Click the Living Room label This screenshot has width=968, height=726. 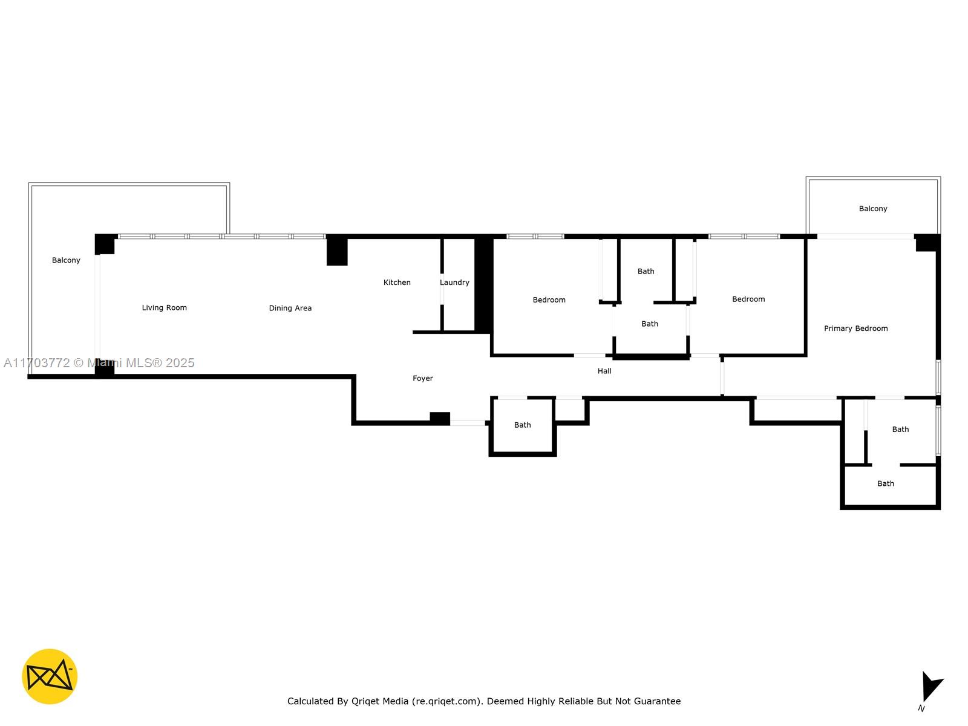(x=164, y=308)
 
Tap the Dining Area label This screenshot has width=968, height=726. (x=290, y=308)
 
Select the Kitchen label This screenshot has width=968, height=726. (x=397, y=282)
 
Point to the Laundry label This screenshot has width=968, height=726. (x=455, y=282)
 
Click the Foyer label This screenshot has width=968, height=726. (x=422, y=378)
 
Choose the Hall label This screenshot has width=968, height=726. (x=604, y=371)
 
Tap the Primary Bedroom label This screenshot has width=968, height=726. (x=855, y=329)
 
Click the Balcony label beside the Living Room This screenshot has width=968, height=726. (x=66, y=260)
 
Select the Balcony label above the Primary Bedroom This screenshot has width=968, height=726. (x=873, y=209)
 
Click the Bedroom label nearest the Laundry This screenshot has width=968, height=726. (x=549, y=299)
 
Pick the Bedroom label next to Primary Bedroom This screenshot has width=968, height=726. (x=748, y=299)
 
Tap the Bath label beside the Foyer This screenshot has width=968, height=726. (x=522, y=425)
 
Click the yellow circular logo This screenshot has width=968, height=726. (x=50, y=676)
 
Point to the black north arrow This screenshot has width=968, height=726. (x=931, y=686)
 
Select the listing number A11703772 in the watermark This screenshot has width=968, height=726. (x=37, y=363)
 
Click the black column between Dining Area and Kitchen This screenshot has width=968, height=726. (x=337, y=251)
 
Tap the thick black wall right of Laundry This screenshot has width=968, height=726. (x=484, y=284)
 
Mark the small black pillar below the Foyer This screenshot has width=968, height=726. (x=440, y=418)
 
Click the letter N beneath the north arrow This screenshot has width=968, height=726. (x=921, y=708)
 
